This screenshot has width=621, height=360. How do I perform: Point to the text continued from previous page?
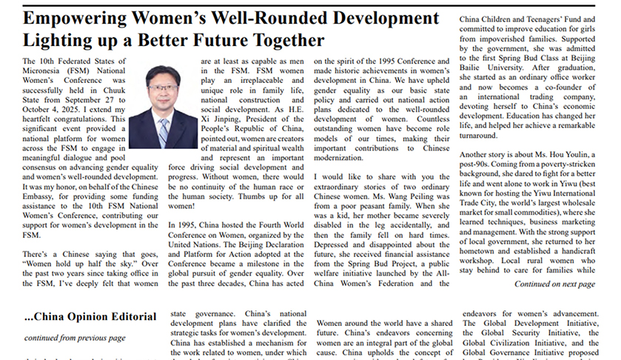pyautogui.click(x=75, y=338)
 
